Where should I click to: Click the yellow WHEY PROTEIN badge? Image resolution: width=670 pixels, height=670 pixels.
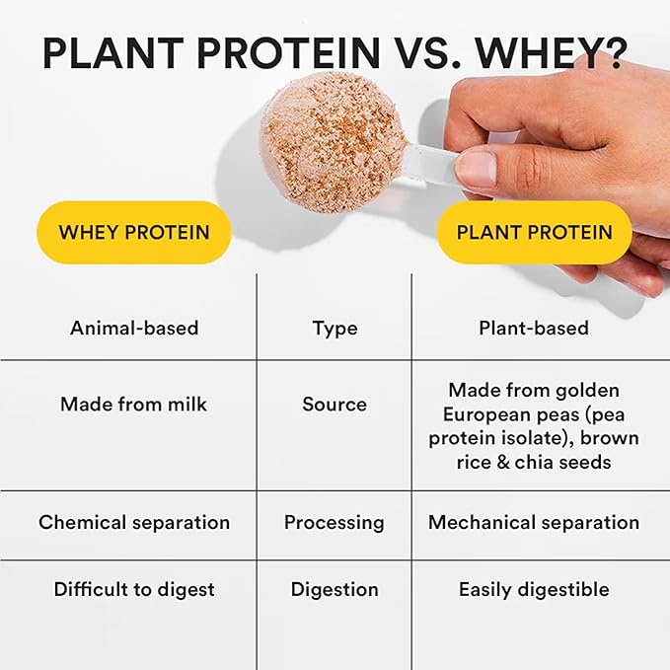pyautogui.click(x=133, y=233)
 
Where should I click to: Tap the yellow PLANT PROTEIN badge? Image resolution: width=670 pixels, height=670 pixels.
pyautogui.click(x=534, y=233)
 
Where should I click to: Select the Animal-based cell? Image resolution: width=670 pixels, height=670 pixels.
pyautogui.click(x=134, y=328)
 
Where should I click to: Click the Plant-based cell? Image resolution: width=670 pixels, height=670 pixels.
pyautogui.click(x=533, y=328)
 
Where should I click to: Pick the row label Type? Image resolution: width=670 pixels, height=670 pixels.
pyautogui.click(x=335, y=328)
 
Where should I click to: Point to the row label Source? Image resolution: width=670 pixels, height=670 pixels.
pyautogui.click(x=335, y=404)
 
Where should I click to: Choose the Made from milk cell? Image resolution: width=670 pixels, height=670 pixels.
pyautogui.click(x=134, y=404)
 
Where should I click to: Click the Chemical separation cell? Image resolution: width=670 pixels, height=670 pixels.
pyautogui.click(x=134, y=522)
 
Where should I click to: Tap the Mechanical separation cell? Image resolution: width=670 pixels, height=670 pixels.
pyautogui.click(x=533, y=522)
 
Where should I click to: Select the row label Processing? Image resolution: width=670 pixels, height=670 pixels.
pyautogui.click(x=335, y=522)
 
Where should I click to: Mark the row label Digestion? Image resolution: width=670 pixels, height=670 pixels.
pyautogui.click(x=335, y=590)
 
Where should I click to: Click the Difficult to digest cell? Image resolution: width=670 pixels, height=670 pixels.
pyautogui.click(x=134, y=590)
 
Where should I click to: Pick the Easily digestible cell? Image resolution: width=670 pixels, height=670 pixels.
pyautogui.click(x=533, y=590)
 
